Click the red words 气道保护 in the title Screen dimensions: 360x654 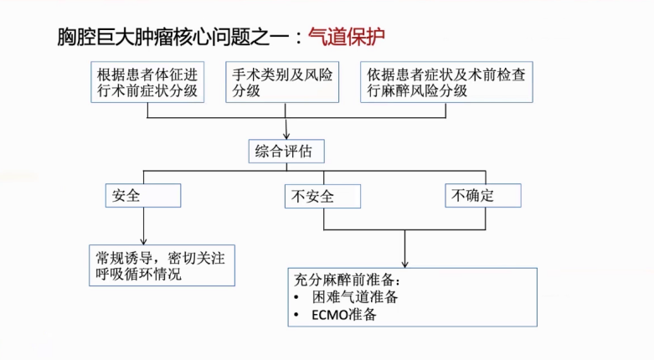click(348, 37)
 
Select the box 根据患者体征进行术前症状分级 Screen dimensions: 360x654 click(148, 82)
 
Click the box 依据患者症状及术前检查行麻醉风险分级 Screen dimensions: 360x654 click(447, 82)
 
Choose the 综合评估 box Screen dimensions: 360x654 click(286, 152)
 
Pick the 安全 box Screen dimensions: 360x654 click(143, 196)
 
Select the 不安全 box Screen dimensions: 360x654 click(322, 197)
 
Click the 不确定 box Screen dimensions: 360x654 click(483, 196)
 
